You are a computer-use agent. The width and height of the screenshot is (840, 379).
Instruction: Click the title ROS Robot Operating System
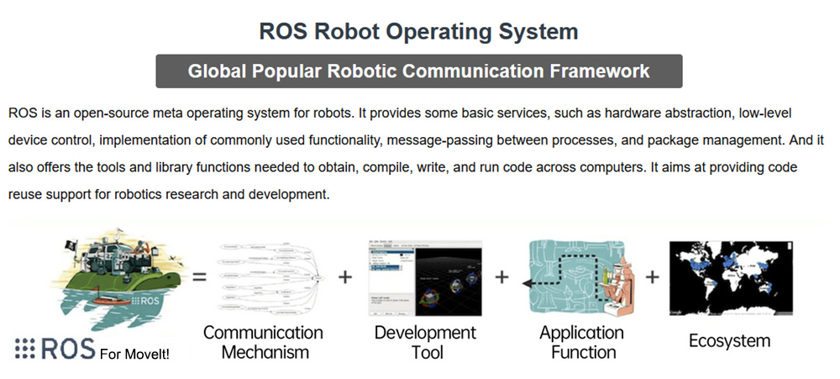point(418,32)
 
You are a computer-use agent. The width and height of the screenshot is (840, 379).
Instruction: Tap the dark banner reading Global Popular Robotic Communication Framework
point(418,71)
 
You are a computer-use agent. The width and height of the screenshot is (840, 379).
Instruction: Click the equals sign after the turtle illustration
point(200,276)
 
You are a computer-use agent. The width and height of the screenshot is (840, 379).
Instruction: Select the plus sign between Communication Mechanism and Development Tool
point(345,276)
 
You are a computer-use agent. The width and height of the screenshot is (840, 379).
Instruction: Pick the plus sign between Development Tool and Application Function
point(502,276)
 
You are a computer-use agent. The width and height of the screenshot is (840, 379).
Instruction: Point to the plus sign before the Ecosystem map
point(653,276)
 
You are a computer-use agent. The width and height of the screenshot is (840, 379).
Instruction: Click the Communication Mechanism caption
point(262,342)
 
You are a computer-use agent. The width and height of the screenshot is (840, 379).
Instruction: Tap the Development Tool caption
point(427,342)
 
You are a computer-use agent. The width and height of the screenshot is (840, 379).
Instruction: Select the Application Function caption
point(581,342)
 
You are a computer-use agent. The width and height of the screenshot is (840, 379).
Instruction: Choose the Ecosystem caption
point(729,341)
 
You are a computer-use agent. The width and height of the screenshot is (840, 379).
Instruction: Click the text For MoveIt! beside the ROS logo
point(134,355)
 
